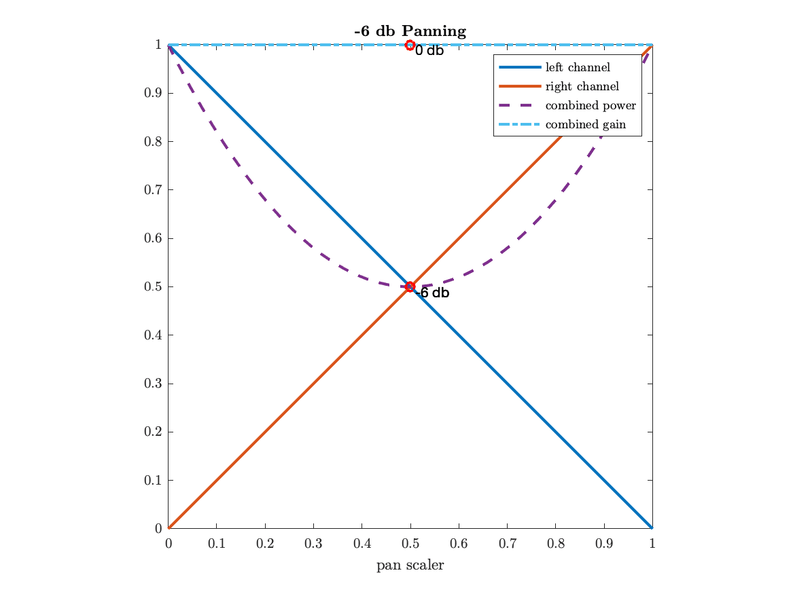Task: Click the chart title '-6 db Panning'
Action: pos(410,31)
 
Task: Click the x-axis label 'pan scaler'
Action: pos(410,565)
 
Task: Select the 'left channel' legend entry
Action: pos(577,67)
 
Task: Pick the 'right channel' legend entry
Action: pos(581,87)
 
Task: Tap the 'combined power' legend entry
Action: pos(590,106)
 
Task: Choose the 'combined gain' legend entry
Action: pos(585,125)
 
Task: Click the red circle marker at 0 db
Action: pos(410,45)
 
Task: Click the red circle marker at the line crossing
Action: pos(410,286)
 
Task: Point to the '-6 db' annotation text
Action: pos(433,293)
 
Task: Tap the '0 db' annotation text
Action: pos(429,51)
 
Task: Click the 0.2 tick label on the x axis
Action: pos(265,544)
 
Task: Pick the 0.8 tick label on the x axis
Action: pos(555,544)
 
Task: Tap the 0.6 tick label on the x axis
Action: pos(459,544)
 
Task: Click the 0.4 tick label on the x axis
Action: pos(362,544)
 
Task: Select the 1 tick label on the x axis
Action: pos(652,544)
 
